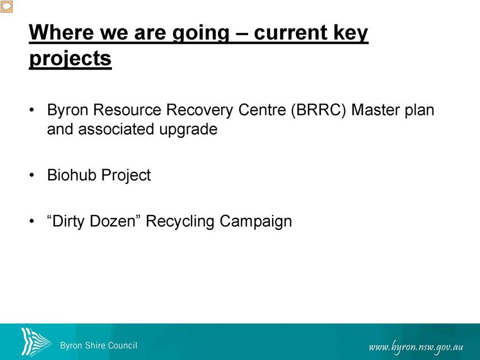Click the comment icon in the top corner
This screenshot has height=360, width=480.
click(x=6, y=6)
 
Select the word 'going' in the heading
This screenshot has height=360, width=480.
click(x=201, y=34)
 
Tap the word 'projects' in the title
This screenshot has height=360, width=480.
click(x=71, y=58)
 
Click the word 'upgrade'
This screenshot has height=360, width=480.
click(x=188, y=130)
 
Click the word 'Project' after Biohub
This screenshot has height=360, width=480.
click(x=126, y=176)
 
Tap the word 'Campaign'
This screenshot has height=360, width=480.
click(x=255, y=222)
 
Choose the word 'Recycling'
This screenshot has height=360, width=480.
click(x=180, y=222)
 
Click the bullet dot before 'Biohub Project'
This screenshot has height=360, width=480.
click(x=31, y=175)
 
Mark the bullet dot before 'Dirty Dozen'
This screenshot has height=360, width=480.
click(x=31, y=221)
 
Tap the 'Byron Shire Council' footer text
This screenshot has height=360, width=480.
click(x=99, y=345)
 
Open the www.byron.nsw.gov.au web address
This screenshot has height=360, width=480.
click(x=416, y=347)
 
